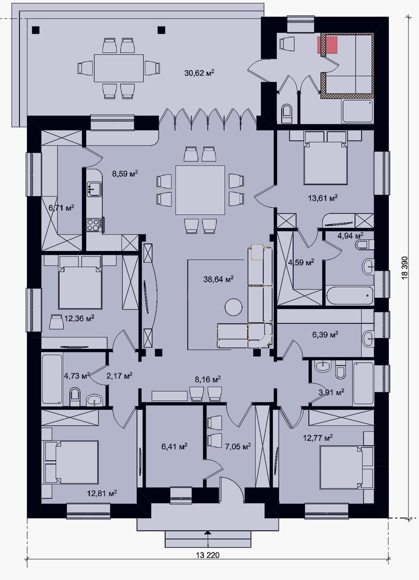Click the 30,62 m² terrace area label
point(199,73)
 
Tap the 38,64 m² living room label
point(218,279)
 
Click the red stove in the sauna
point(328,45)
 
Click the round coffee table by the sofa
point(233,307)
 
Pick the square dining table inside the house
point(200,190)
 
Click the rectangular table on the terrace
point(118,68)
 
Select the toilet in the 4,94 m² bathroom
point(364,245)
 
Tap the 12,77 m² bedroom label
point(318,438)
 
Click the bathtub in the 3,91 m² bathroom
point(363,383)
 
